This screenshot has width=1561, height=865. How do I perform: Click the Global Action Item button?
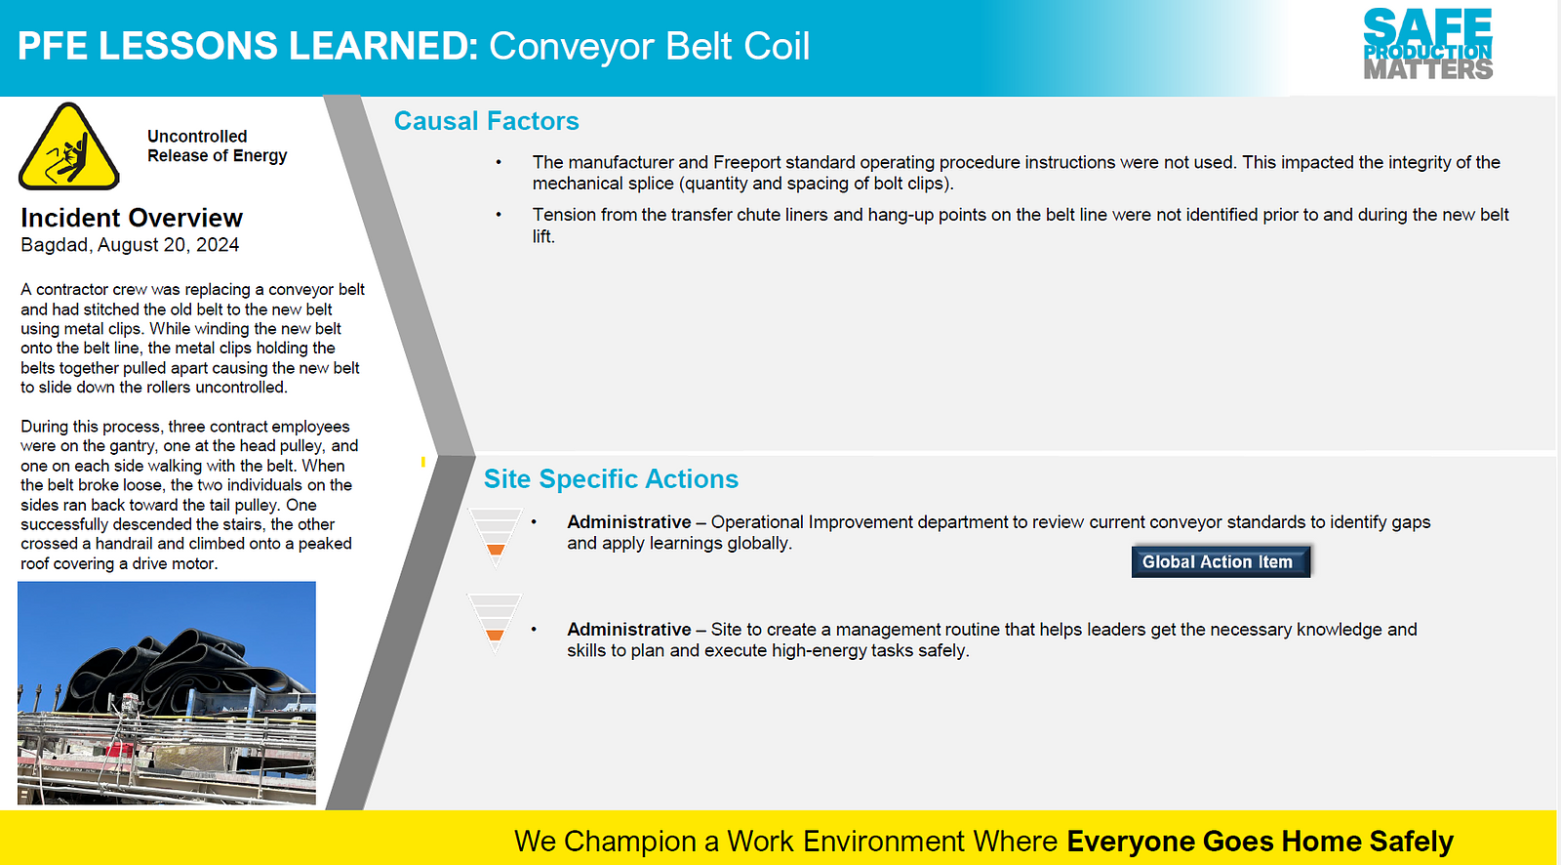point(1221,561)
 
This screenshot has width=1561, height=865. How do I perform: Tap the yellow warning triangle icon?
point(69,147)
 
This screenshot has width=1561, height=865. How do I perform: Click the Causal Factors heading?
point(487,121)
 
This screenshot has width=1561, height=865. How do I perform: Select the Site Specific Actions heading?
point(611,478)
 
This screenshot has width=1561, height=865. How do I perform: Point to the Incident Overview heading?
point(132,218)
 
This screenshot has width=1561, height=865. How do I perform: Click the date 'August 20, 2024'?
point(168,245)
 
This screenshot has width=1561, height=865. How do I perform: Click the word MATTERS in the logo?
point(1428,69)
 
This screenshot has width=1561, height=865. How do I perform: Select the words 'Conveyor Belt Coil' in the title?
point(649,46)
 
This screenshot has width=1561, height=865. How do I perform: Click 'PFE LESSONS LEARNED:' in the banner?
point(248,46)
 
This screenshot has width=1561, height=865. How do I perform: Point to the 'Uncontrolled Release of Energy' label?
point(217,145)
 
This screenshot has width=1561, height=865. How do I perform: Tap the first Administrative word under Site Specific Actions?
point(628,521)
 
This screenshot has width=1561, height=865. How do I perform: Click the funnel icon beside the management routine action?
point(495,624)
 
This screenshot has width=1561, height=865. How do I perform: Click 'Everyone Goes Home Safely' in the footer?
point(1260,842)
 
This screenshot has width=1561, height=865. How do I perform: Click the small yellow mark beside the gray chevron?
point(423,462)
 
